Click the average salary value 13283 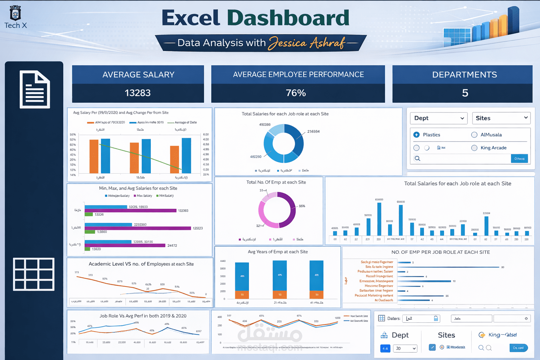click(x=137, y=93)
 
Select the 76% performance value click(x=296, y=93)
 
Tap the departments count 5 click(x=465, y=93)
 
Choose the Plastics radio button click(x=417, y=135)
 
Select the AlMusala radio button click(x=474, y=135)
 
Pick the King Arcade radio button click(x=474, y=148)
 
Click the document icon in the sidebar click(x=34, y=89)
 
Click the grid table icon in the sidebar click(x=34, y=274)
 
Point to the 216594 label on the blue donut click(x=313, y=131)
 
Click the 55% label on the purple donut click(x=302, y=206)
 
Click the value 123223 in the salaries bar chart click(x=198, y=228)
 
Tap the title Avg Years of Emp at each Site click(x=278, y=252)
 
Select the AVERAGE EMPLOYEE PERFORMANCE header click(x=298, y=75)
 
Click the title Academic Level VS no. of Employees click(x=141, y=264)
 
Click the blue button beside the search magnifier click(x=519, y=159)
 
